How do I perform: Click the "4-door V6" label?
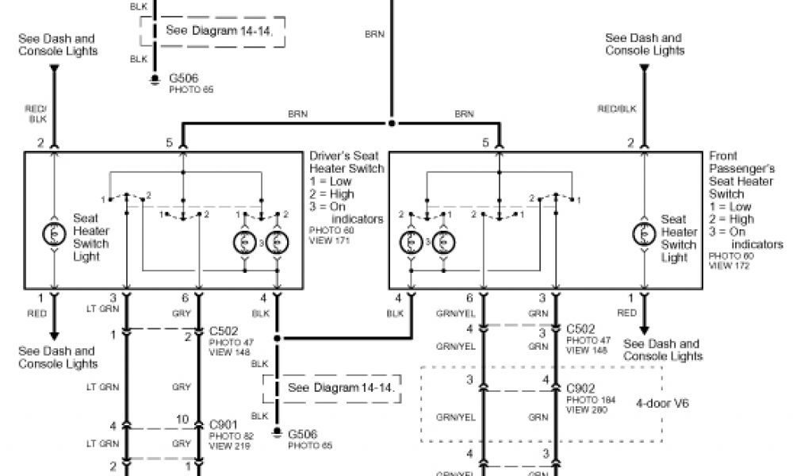point(662,403)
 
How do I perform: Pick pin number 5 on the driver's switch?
point(169,143)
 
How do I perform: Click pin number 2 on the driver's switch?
point(39,143)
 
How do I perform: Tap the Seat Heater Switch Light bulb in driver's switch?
point(54,232)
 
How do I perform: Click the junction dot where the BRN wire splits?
point(392,124)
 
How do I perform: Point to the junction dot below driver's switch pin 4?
point(277,339)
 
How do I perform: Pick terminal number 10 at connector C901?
point(182,420)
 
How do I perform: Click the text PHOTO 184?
point(583,400)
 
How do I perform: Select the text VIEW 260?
point(581,409)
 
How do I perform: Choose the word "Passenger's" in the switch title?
point(742,169)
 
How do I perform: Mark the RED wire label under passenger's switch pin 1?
point(626,313)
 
